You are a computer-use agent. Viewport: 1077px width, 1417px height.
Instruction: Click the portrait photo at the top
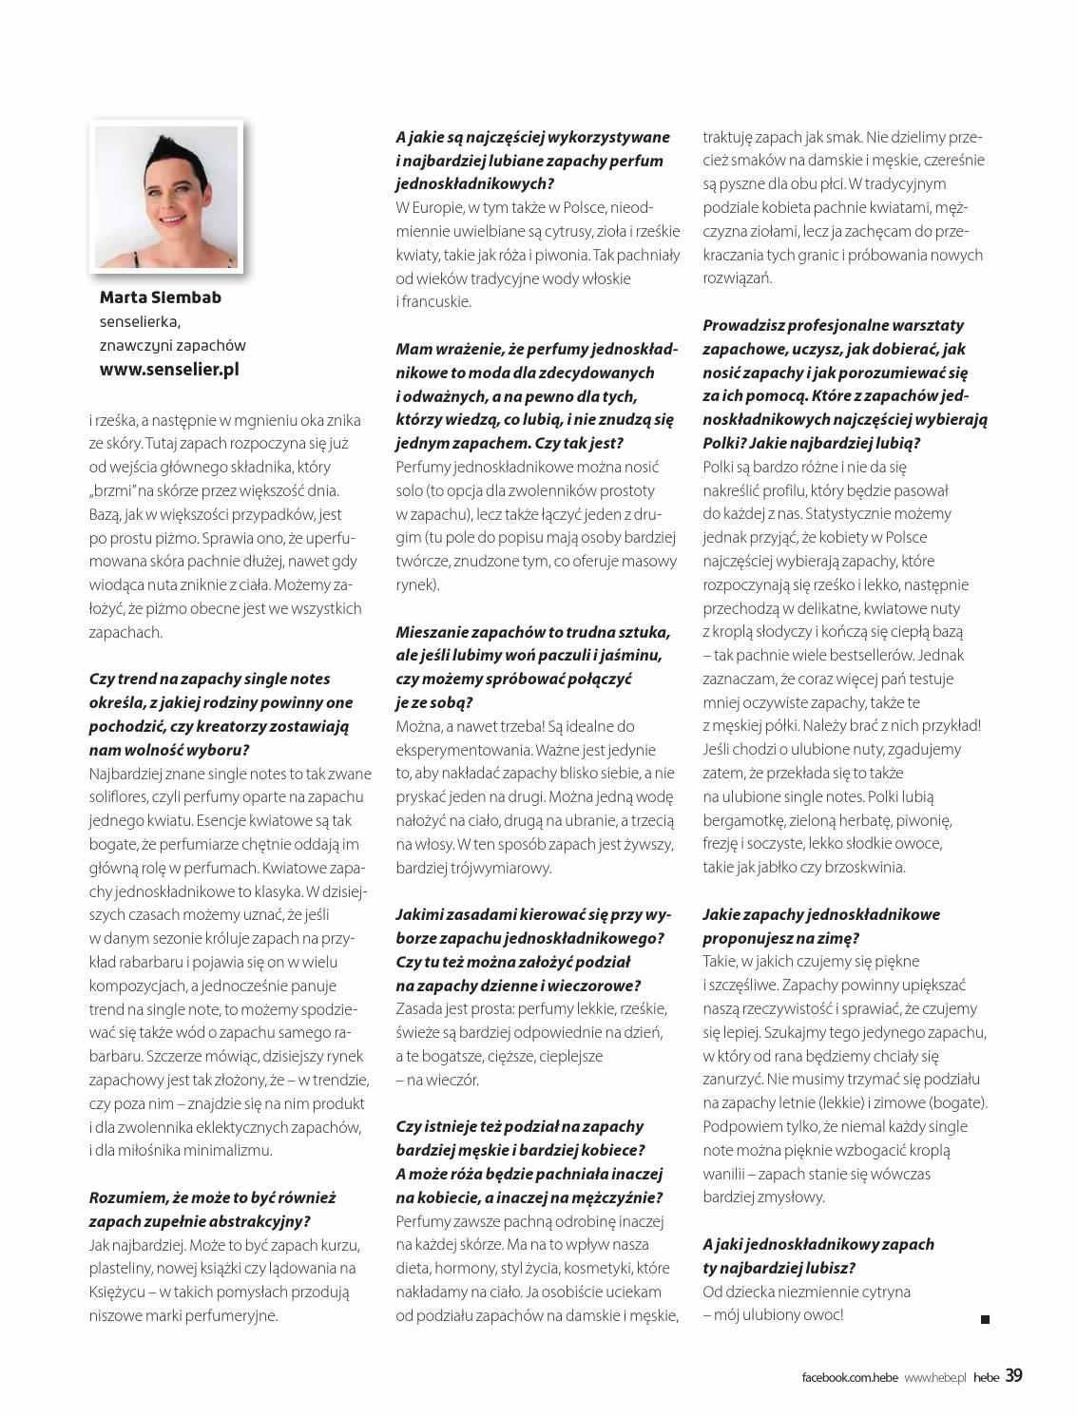(x=166, y=197)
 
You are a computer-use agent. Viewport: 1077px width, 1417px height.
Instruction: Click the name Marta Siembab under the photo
(x=161, y=297)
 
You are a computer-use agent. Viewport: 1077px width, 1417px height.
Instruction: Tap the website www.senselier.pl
(x=169, y=369)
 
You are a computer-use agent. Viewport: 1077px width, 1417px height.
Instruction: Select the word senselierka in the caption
(x=140, y=321)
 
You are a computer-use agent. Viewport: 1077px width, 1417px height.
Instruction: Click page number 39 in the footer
(x=1013, y=1375)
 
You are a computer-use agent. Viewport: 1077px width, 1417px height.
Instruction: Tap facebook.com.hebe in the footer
(x=849, y=1377)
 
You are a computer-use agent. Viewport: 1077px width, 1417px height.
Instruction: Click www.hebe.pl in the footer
(x=934, y=1377)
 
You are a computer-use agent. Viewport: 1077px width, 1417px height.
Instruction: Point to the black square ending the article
(x=985, y=1319)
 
